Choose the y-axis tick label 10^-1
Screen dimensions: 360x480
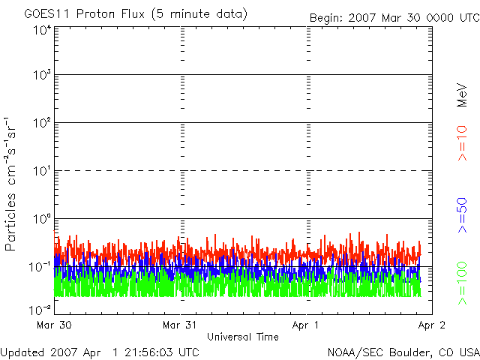(x=40, y=267)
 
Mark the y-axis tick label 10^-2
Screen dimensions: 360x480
(x=40, y=309)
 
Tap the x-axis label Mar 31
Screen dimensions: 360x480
(x=181, y=325)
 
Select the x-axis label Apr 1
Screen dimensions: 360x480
(x=306, y=325)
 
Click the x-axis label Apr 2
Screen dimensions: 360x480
(x=431, y=325)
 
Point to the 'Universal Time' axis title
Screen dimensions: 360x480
(x=242, y=337)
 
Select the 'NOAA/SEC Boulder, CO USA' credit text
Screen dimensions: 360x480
(x=403, y=352)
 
